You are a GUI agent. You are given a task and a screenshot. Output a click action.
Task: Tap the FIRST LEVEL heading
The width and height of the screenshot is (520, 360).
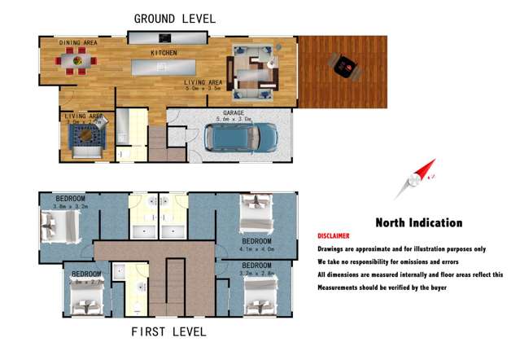(x=168, y=331)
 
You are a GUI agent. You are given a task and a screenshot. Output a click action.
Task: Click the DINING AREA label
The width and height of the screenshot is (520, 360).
(x=78, y=42)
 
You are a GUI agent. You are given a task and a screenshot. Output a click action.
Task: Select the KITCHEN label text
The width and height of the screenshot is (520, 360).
(x=164, y=53)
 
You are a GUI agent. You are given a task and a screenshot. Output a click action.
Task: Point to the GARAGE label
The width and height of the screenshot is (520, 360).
(x=227, y=113)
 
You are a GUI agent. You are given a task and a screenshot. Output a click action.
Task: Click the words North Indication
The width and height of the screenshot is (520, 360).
(x=418, y=222)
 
